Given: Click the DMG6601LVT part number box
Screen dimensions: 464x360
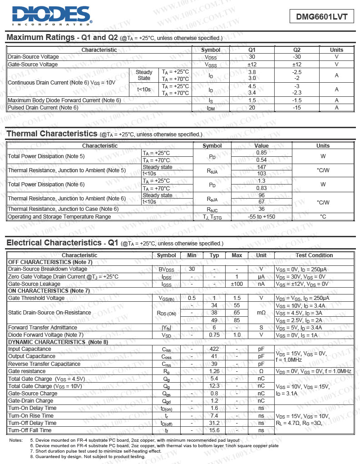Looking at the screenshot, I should pos(321,17).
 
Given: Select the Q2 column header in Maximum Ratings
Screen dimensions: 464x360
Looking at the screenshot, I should pos(297,50).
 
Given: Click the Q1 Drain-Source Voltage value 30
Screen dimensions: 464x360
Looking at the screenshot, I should pos(252,57).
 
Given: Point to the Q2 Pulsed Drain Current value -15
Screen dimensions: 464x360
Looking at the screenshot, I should pos(297,108).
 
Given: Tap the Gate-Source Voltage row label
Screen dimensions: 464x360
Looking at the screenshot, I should pos(33,65).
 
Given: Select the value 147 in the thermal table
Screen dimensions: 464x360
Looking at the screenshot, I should pos(261,167).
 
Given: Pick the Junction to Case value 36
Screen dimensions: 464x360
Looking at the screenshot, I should pos(261,209).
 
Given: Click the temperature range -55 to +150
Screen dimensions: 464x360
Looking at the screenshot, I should pos(261,217).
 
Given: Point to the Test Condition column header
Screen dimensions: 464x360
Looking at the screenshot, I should pos(314,255).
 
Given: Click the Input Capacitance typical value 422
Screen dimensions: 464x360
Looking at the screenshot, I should pos(215,349).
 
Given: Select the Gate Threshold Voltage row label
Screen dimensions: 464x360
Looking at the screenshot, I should pos(36,298).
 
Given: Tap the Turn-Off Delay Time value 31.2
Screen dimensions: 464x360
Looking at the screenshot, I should pos(215,423).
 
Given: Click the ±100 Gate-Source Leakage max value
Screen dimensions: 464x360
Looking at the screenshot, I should pos(237,284).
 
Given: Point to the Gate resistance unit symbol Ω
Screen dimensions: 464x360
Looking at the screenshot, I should pos(261,371).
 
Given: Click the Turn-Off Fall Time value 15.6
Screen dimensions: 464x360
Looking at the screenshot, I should pos(215,430).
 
